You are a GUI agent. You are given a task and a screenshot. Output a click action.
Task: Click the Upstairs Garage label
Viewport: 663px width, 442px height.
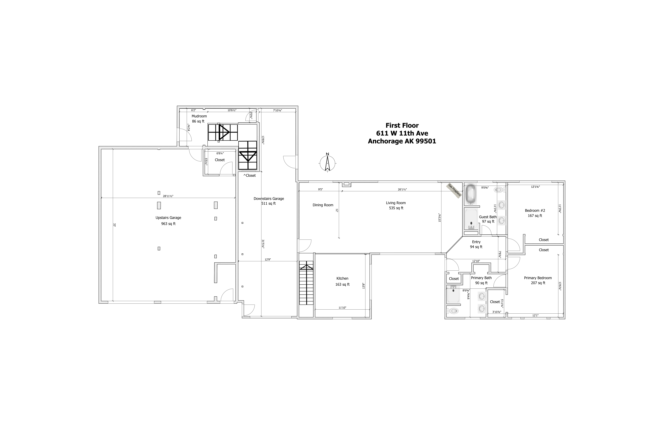(x=168, y=218)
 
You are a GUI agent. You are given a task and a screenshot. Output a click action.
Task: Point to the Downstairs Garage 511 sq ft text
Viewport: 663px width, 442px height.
(x=269, y=201)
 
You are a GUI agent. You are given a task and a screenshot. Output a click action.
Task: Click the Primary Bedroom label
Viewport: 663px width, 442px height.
(x=538, y=278)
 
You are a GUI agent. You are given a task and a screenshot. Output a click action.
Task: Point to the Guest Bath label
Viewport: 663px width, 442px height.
(x=488, y=217)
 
